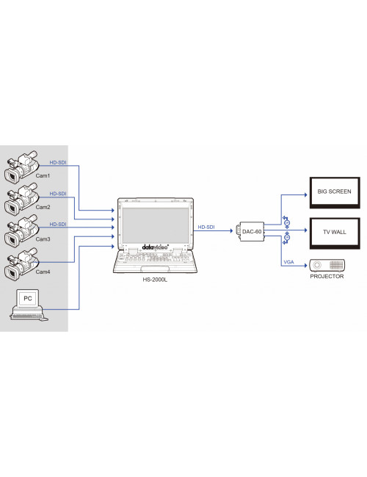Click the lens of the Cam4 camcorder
10,274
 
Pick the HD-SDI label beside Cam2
57,194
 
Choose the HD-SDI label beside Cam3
57,224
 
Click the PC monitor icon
28,299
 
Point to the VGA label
287,261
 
